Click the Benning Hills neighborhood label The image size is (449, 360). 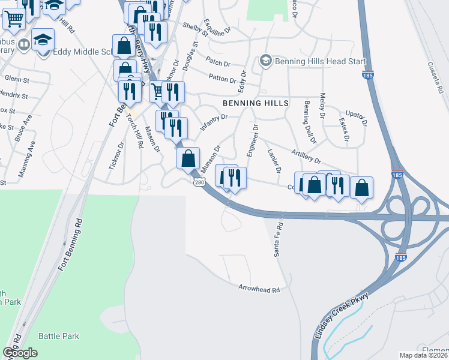(256, 103)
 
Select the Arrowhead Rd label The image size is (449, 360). (259, 289)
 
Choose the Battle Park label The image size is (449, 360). (58, 336)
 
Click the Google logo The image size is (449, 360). (20, 352)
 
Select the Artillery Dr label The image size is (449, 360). (306, 157)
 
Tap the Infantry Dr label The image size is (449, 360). (214, 119)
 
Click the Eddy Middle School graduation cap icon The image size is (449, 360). (43, 40)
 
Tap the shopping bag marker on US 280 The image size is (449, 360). (188, 159)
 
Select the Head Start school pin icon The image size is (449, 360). (265, 61)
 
